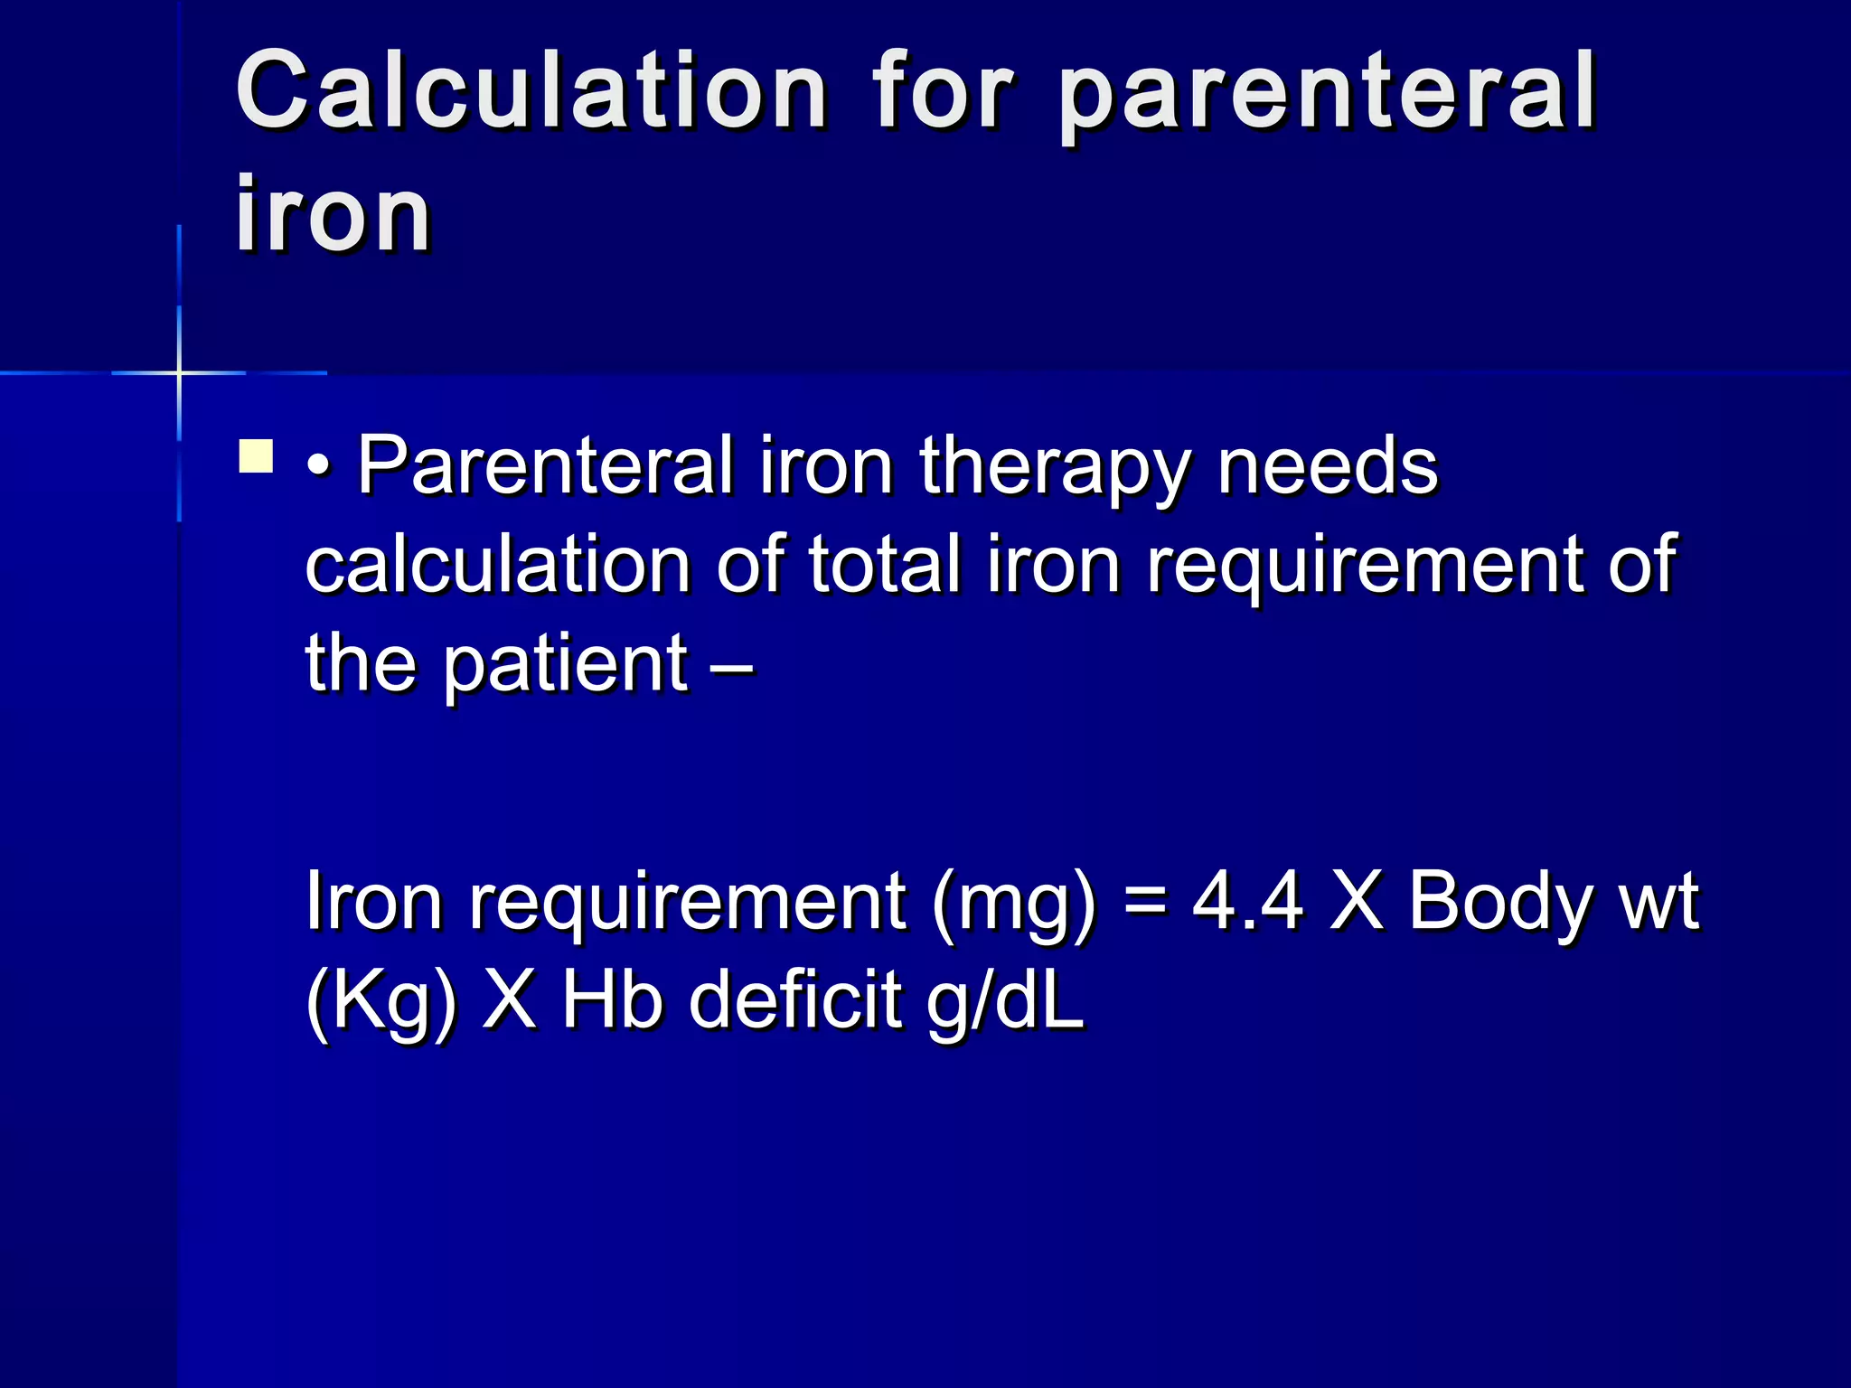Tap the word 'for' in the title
(942, 90)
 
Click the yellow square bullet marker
(256, 456)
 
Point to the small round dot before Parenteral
(318, 470)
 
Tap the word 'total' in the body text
(884, 565)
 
